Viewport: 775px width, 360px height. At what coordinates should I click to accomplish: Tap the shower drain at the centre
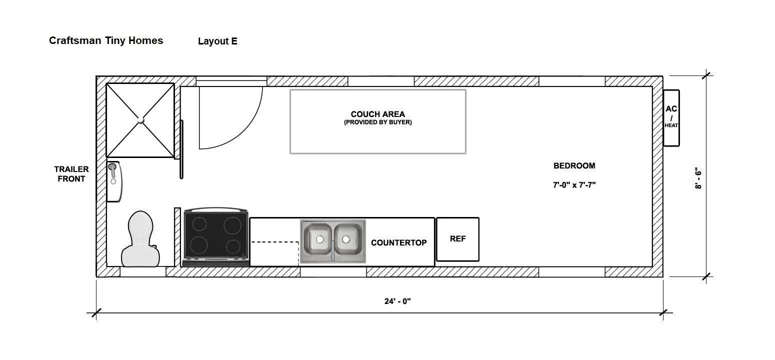[x=140, y=120]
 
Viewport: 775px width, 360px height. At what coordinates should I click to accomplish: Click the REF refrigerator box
[x=457, y=239]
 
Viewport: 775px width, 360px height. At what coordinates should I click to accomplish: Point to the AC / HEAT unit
[x=671, y=118]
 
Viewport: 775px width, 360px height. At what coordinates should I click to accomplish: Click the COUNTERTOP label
[x=398, y=242]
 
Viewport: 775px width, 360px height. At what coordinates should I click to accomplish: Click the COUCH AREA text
[x=377, y=114]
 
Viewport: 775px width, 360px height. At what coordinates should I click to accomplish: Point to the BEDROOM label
[x=574, y=166]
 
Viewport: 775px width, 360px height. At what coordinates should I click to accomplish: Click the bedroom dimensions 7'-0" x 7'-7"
[x=574, y=184]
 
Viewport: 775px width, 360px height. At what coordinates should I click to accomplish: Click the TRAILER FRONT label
[x=71, y=174]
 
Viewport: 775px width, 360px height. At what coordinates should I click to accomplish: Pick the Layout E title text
[x=217, y=41]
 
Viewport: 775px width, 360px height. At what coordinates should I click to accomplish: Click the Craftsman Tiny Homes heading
[x=106, y=40]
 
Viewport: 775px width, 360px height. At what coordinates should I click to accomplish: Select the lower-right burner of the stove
[x=233, y=246]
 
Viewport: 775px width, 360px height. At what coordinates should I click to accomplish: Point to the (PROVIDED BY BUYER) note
[x=377, y=122]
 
